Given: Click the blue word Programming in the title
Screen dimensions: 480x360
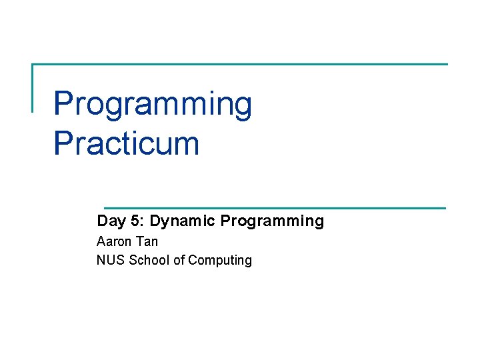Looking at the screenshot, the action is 153,104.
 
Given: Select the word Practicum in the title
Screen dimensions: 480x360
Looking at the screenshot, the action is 127,143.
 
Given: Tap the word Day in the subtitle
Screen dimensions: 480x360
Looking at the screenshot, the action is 111,221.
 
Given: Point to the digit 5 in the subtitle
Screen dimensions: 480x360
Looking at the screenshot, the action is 135,221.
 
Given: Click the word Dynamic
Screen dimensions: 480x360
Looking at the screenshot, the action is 182,221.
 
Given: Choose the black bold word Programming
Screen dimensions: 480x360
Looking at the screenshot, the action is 272,221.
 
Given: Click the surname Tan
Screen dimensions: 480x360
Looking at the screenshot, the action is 147,241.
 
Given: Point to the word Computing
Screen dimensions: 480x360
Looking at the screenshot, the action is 220,261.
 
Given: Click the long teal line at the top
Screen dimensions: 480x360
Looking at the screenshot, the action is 240,64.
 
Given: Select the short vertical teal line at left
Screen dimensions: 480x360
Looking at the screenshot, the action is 33,88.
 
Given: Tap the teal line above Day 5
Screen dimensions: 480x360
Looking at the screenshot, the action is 275,208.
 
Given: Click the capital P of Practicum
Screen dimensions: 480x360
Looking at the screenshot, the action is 63,143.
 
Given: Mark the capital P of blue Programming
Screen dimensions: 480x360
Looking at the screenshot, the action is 63,103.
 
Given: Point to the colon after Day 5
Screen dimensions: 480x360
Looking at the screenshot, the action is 142,222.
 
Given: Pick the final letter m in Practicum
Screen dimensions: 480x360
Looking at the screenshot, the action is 187,146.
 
